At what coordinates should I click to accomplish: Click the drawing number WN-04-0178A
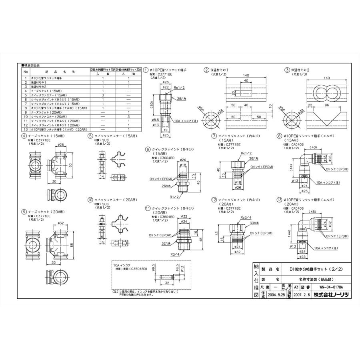tap(326, 286)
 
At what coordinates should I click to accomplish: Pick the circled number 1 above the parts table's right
tap(146, 69)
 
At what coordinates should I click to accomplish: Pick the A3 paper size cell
tap(296, 286)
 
